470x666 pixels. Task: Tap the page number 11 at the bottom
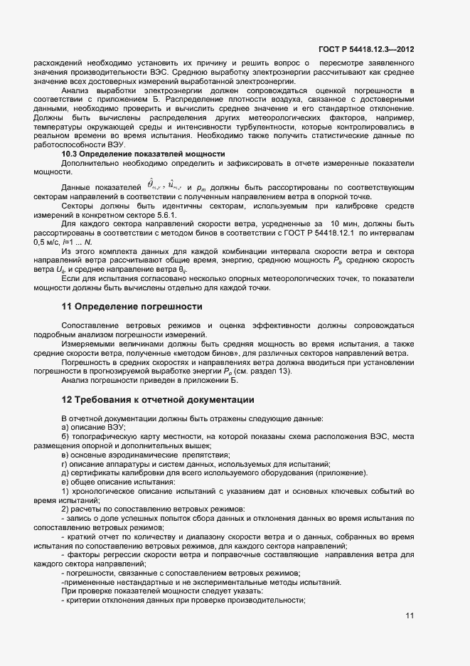pyautogui.click(x=410, y=615)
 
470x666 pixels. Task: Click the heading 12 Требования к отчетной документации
pyautogui.click(x=157, y=400)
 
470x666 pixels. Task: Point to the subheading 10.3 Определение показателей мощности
pyautogui.click(x=143, y=154)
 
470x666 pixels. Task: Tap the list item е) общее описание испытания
pyautogui.click(x=108, y=482)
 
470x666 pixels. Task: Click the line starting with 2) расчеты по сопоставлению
pyautogui.click(x=153, y=510)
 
